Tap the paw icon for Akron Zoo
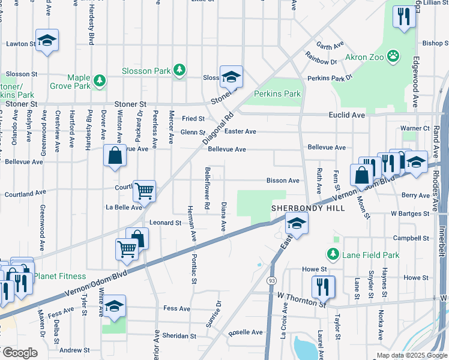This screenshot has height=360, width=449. click(x=393, y=57)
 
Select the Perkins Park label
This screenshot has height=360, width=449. click(x=277, y=94)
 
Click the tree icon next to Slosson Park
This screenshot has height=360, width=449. click(x=179, y=70)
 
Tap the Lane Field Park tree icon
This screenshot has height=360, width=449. click(x=334, y=254)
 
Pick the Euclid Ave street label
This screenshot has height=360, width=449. click(x=347, y=115)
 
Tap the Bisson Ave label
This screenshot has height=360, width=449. click(x=283, y=181)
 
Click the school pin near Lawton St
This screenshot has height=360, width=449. click(x=47, y=41)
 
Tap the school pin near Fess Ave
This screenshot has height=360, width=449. click(x=113, y=306)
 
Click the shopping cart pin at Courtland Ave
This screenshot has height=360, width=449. click(x=144, y=191)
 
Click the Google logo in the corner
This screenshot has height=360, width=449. click(x=19, y=353)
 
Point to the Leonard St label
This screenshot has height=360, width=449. click(x=165, y=223)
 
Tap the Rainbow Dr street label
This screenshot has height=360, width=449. click(x=321, y=61)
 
